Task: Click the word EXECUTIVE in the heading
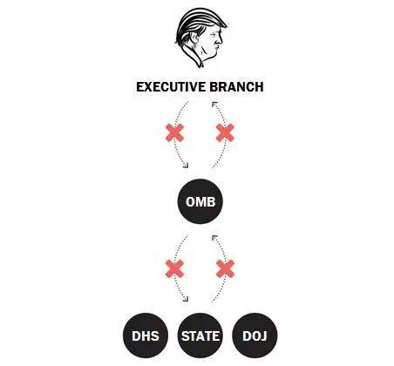click(171, 87)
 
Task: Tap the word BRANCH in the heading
click(236, 87)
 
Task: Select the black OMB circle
click(200, 201)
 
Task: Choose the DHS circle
click(146, 335)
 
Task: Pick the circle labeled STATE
click(200, 335)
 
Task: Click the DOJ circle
click(255, 335)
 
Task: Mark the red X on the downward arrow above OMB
click(174, 132)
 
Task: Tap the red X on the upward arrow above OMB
click(225, 132)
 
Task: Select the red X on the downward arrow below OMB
click(174, 268)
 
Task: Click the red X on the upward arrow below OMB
click(225, 268)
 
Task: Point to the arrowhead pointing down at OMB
click(186, 166)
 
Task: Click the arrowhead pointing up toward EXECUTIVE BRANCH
click(214, 105)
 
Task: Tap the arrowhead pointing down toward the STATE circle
click(186, 299)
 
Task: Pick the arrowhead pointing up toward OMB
click(214, 238)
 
